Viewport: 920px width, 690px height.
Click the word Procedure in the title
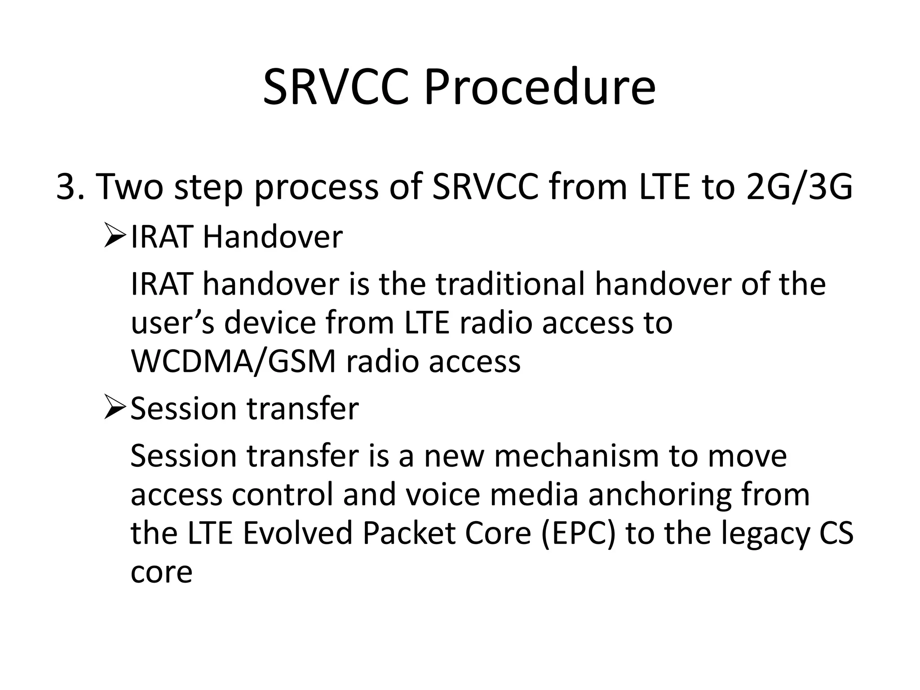pyautogui.click(x=540, y=88)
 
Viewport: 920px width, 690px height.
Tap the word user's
pyautogui.click(x=172, y=323)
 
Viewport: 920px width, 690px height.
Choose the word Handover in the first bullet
pyautogui.click(x=273, y=237)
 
